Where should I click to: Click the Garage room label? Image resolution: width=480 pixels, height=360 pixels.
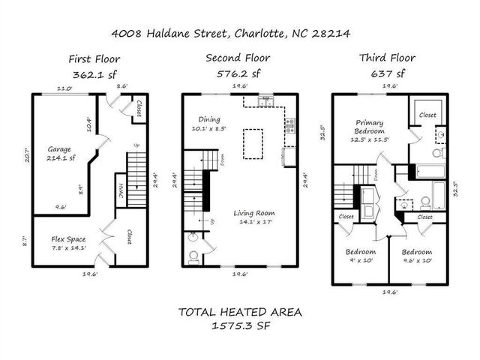click(59, 148)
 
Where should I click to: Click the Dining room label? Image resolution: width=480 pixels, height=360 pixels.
click(210, 118)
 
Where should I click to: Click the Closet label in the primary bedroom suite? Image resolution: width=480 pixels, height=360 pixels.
click(427, 115)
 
